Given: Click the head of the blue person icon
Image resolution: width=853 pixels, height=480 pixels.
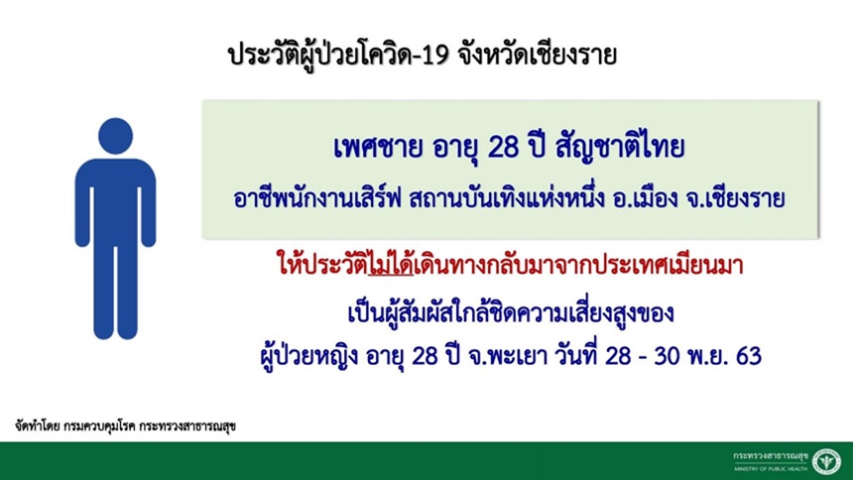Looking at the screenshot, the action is pos(115,136).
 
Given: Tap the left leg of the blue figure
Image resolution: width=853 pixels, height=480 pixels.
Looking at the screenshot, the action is pos(104,292).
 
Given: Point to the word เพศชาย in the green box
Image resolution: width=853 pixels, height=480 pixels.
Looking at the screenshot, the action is pos(378,148).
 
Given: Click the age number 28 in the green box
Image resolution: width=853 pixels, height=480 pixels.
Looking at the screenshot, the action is pos(504,148).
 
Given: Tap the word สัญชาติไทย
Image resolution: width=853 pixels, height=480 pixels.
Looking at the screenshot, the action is pos(620,148).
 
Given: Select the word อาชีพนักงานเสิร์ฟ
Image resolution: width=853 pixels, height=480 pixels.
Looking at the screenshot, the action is pos(317,197).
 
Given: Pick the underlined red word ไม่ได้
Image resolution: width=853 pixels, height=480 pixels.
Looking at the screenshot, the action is pos(391,265).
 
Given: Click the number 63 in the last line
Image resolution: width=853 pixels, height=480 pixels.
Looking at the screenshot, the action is pos(749,356).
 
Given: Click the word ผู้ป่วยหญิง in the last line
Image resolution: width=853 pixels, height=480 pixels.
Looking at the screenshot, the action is pos(309,356).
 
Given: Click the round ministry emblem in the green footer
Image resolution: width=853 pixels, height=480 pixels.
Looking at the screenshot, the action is pos(827,461).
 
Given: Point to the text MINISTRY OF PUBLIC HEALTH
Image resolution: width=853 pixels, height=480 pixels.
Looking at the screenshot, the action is pos(771,468).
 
